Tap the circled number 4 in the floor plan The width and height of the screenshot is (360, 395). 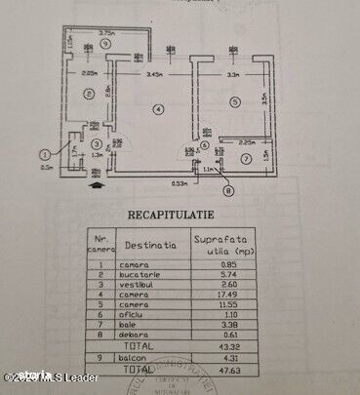click(x=158, y=107)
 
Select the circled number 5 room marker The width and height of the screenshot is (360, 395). click(x=235, y=101)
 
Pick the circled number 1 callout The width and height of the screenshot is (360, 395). click(x=44, y=153)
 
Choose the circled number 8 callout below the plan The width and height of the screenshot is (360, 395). click(x=228, y=192)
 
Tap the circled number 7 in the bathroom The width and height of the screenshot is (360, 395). click(x=246, y=158)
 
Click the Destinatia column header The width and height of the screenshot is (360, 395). click(x=149, y=246)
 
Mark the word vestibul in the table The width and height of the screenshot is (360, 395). click(x=139, y=287)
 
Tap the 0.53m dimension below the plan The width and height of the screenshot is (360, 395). click(x=179, y=182)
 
